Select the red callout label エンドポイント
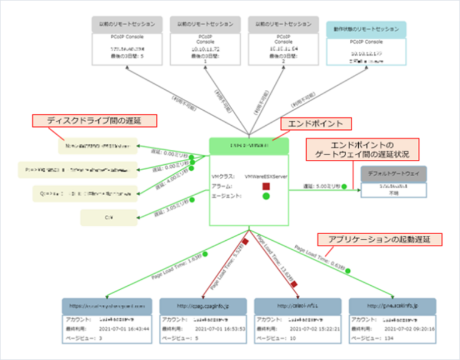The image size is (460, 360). click(x=316, y=125)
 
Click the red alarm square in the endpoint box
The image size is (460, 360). click(x=266, y=186)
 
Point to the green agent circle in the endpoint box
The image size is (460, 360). click(x=266, y=196)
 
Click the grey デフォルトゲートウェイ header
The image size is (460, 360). click(x=394, y=174)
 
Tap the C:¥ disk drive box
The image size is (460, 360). click(x=108, y=217)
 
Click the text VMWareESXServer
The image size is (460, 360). click(x=265, y=177)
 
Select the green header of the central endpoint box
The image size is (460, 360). click(x=249, y=146)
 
